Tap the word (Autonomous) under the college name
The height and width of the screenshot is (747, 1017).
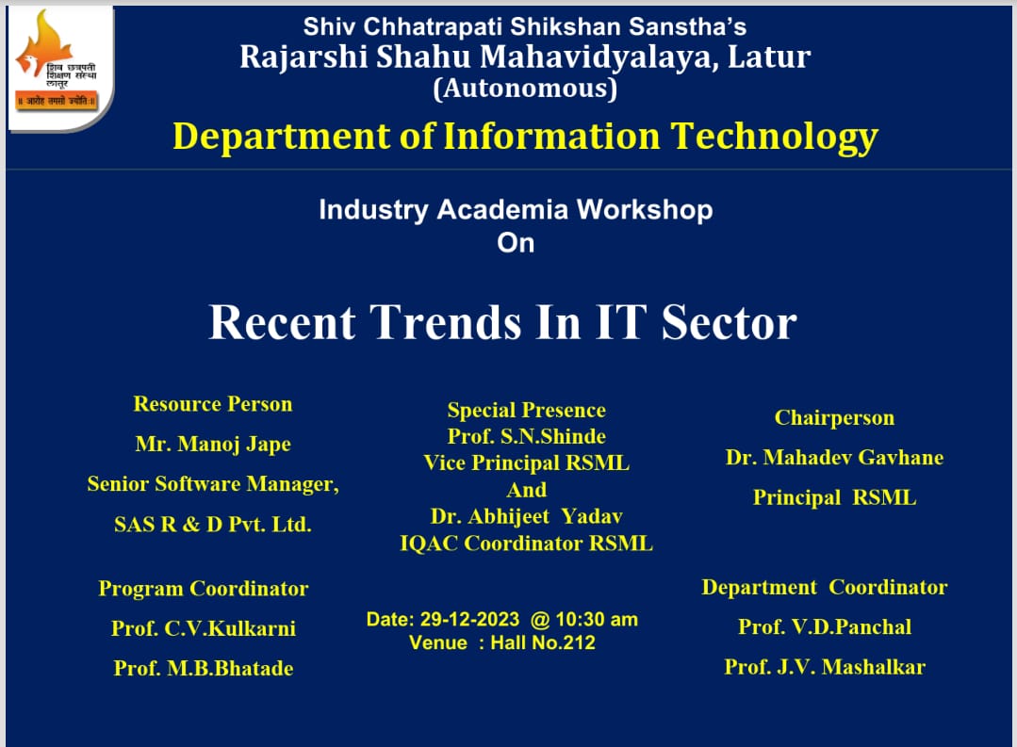(525, 89)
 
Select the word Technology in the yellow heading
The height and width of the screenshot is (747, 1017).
(775, 138)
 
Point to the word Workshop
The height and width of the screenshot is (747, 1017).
(645, 210)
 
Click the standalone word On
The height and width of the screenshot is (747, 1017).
(516, 243)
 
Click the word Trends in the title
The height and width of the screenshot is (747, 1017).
(445, 321)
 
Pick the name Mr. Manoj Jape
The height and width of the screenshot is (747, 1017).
(213, 445)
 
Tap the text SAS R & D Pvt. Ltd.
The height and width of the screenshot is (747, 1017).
(213, 524)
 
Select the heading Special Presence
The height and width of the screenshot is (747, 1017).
(527, 410)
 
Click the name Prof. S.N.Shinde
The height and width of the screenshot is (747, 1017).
(527, 436)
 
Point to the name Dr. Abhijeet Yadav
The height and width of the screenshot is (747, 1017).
(527, 516)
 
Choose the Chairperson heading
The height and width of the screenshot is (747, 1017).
(835, 418)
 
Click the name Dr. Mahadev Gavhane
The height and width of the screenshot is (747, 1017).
(835, 458)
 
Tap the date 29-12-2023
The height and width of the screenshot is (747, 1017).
(469, 619)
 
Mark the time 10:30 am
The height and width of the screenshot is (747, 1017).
(597, 619)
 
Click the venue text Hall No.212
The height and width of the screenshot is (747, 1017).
(543, 642)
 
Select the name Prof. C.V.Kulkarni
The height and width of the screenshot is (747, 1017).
(204, 628)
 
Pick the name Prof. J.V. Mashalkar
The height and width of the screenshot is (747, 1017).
(825, 667)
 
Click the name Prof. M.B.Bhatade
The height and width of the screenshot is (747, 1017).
(204, 668)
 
